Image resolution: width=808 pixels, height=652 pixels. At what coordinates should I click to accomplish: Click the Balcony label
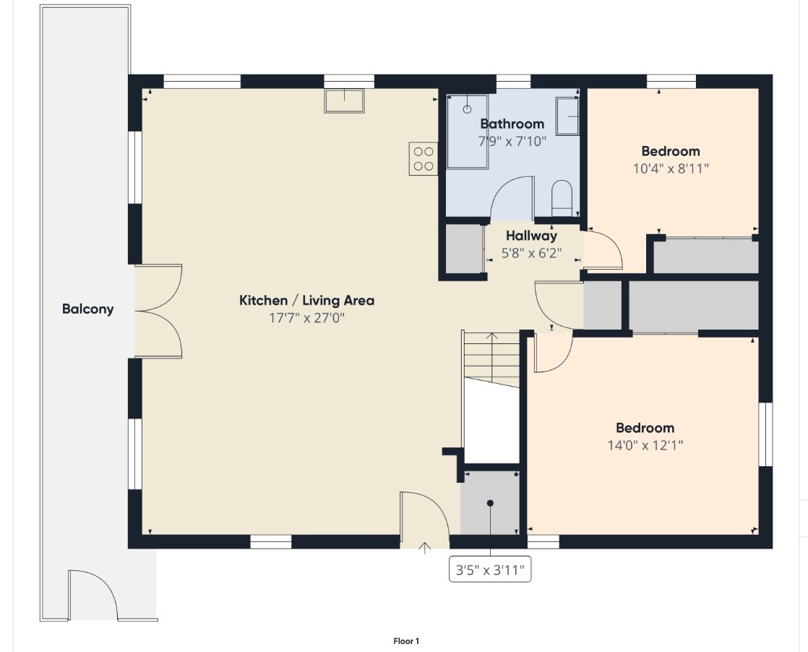click(87, 309)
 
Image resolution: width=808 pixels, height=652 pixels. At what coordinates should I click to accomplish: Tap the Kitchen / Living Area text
click(306, 301)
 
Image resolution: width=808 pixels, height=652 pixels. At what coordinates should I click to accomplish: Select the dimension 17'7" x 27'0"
click(306, 317)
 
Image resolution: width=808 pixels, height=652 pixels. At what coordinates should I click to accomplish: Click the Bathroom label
click(512, 124)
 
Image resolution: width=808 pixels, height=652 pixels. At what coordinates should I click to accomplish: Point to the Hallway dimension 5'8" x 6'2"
click(531, 253)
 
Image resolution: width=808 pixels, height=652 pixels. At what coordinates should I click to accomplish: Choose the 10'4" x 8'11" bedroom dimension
click(671, 168)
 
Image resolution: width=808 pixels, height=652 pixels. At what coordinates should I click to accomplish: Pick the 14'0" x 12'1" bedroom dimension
click(645, 445)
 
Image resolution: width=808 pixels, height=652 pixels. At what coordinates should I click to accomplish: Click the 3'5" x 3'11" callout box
click(490, 570)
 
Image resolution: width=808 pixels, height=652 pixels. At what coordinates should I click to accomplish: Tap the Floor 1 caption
click(406, 641)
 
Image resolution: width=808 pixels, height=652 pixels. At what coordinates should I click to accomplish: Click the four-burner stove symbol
click(423, 159)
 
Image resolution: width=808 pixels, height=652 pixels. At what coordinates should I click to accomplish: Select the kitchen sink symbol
click(344, 100)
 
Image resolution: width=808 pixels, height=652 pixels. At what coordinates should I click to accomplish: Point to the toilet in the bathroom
click(562, 199)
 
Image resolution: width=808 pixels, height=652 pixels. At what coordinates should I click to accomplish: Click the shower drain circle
click(468, 109)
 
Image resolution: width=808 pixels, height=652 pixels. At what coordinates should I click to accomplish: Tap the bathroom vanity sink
click(567, 116)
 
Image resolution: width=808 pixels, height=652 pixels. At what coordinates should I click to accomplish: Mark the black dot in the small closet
click(490, 503)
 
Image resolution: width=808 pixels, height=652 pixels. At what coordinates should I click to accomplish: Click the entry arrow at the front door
click(425, 547)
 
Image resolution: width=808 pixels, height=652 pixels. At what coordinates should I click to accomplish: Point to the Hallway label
click(531, 236)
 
